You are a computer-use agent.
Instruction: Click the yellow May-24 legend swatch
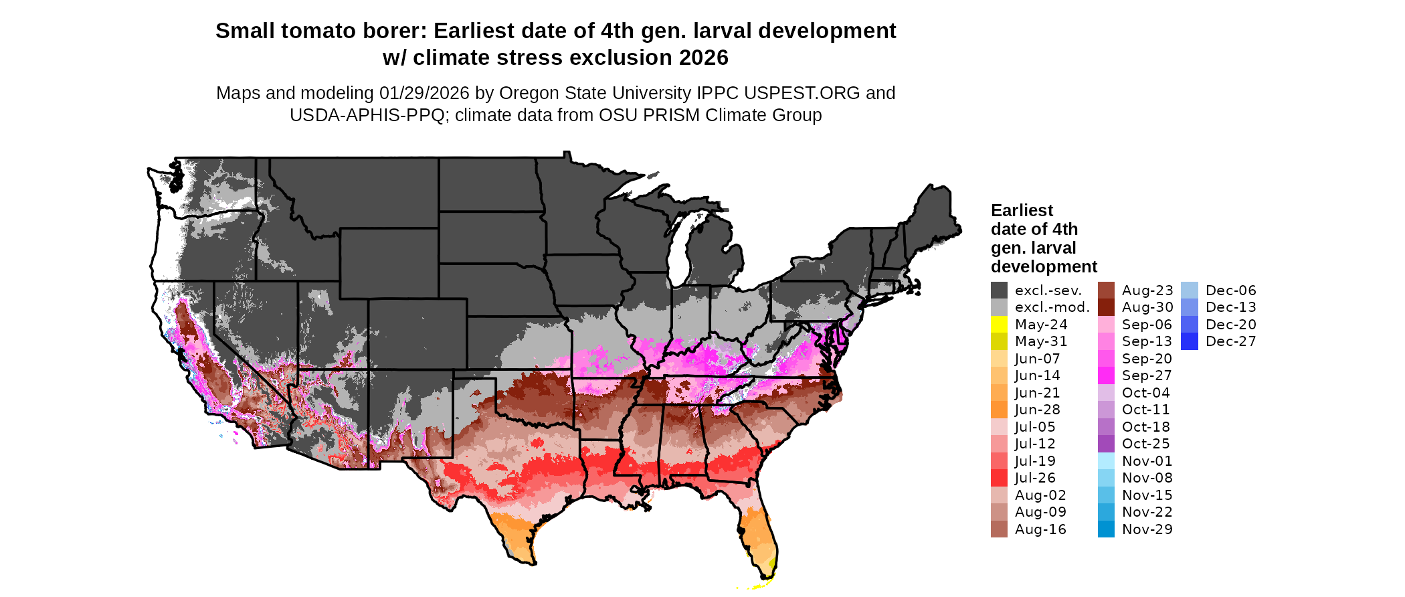tap(999, 325)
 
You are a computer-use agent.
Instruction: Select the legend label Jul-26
tap(1035, 478)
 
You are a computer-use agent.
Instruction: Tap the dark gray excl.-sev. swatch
tap(999, 290)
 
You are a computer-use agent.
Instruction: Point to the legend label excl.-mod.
tap(1052, 307)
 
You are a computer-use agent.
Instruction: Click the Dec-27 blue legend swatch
tap(1190, 341)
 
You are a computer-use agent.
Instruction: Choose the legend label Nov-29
tap(1147, 529)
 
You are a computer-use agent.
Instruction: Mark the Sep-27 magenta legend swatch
tap(1106, 375)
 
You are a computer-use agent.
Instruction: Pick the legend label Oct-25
tap(1145, 444)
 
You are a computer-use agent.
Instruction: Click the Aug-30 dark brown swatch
tap(1106, 307)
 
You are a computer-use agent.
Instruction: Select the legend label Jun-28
tap(1037, 410)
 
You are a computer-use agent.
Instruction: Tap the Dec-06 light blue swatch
tap(1190, 290)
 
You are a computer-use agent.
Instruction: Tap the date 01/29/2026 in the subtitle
tap(424, 93)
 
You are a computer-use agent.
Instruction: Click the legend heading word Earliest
tap(1022, 211)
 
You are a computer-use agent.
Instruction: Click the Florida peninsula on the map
tap(759, 535)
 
